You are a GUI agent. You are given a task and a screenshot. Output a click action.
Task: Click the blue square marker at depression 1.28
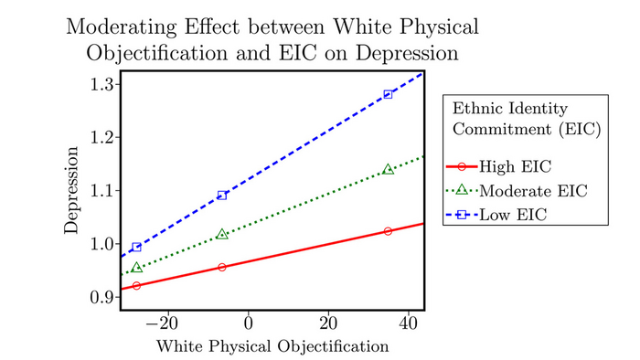(389, 94)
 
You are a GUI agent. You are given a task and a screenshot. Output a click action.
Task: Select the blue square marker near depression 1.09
(222, 195)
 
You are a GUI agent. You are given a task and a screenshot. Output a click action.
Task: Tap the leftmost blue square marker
(137, 247)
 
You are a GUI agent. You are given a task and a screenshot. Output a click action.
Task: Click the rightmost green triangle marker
(389, 169)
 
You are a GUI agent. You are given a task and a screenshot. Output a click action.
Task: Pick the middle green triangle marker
(222, 235)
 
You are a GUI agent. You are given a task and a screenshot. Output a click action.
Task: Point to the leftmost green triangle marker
(137, 268)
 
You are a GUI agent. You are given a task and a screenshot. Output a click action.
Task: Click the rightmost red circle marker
(389, 231)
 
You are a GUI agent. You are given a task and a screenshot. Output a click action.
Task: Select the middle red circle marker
(222, 267)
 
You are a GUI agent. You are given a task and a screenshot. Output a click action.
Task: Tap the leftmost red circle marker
(137, 286)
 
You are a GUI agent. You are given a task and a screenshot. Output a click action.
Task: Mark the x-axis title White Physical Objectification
(272, 346)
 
